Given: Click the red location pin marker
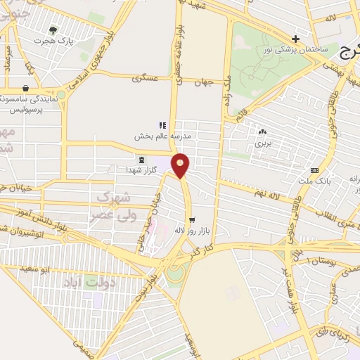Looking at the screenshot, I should tap(181, 165).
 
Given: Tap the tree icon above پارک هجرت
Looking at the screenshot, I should tap(53, 30).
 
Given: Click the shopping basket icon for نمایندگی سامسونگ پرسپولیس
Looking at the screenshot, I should tap(26, 89).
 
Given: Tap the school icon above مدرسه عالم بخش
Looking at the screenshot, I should tap(162, 125).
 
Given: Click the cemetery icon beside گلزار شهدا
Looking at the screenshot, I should tap(142, 160).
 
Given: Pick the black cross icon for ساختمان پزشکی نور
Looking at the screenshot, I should tap(296, 39).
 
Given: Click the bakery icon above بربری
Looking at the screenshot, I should tap(263, 131).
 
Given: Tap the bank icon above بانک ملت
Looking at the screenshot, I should tap(314, 169).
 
